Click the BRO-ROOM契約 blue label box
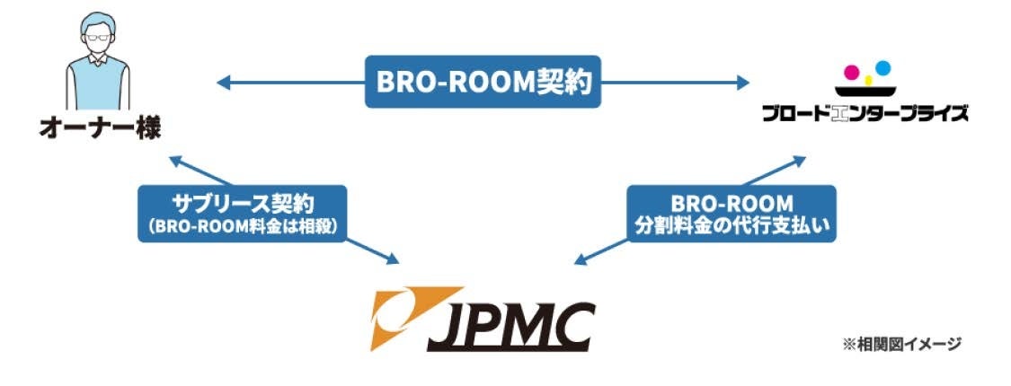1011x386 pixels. click(482, 83)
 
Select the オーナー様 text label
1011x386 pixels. click(100, 128)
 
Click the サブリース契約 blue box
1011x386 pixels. click(242, 213)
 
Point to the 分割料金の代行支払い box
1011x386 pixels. click(731, 213)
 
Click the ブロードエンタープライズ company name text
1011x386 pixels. click(865, 114)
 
